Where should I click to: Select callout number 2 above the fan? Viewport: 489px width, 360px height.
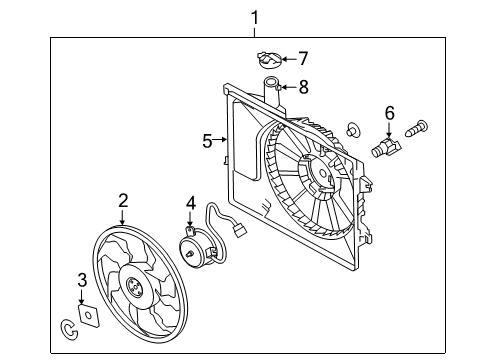pos(122,203)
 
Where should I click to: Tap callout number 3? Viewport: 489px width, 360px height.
pos(83,280)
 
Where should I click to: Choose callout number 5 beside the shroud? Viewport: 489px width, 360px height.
pos(207,141)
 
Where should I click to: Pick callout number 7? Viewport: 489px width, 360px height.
pos(303,58)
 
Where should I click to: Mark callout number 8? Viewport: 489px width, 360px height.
pos(303,87)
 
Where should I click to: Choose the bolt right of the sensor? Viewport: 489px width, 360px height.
pos(418,128)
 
